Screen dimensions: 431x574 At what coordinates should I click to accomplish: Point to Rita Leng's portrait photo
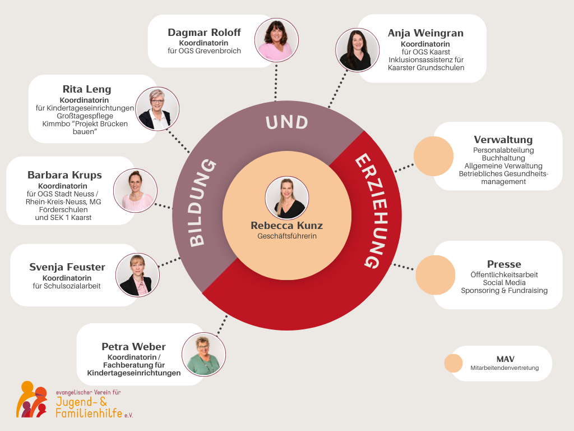(157, 109)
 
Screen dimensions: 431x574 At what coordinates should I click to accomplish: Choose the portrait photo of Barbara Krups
(135, 190)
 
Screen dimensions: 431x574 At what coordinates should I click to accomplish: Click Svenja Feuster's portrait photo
(138, 275)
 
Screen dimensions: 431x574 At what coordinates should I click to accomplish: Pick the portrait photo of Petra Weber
(203, 355)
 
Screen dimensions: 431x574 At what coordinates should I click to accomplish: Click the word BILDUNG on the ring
(202, 203)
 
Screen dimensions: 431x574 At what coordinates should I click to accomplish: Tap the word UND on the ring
(287, 122)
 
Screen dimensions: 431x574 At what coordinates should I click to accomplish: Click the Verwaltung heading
(503, 140)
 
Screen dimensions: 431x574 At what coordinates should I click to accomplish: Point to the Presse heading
(504, 264)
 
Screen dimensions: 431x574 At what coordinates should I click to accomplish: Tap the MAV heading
(505, 359)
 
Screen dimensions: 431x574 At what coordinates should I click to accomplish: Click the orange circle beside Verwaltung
(433, 156)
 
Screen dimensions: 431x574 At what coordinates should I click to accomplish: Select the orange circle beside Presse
(435, 275)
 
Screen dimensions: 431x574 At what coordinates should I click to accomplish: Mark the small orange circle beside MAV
(453, 363)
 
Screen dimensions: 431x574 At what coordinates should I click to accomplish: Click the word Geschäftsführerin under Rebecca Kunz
(287, 236)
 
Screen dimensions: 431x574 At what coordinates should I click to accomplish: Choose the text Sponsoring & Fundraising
(504, 291)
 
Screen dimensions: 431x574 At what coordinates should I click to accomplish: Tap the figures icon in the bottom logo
(32, 399)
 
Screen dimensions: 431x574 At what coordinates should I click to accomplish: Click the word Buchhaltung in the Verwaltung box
(503, 158)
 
